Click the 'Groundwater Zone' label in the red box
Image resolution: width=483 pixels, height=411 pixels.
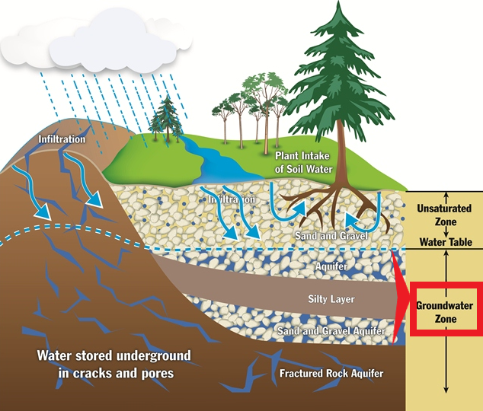point(445,312)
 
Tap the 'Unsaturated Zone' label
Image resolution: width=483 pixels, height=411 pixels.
point(444,215)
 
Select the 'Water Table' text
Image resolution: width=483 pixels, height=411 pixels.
point(446,242)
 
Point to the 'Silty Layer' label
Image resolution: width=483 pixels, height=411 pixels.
point(331,299)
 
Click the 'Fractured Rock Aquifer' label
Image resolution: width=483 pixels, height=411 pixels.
point(331,373)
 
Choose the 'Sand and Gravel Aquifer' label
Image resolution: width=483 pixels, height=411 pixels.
point(331,331)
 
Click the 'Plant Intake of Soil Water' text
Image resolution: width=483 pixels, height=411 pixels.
point(303,162)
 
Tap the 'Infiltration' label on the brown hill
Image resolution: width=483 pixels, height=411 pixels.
point(62,139)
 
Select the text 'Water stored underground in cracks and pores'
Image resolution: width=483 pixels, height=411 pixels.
point(114,365)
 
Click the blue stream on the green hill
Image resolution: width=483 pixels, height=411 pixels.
point(216,160)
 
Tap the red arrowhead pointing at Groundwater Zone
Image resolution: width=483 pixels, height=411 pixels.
point(400,297)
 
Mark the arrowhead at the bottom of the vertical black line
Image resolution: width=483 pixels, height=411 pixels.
point(446,390)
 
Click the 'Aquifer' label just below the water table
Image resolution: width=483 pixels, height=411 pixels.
point(331,266)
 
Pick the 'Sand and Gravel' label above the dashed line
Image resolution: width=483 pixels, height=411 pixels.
point(331,236)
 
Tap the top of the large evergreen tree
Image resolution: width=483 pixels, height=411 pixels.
point(339,2)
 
